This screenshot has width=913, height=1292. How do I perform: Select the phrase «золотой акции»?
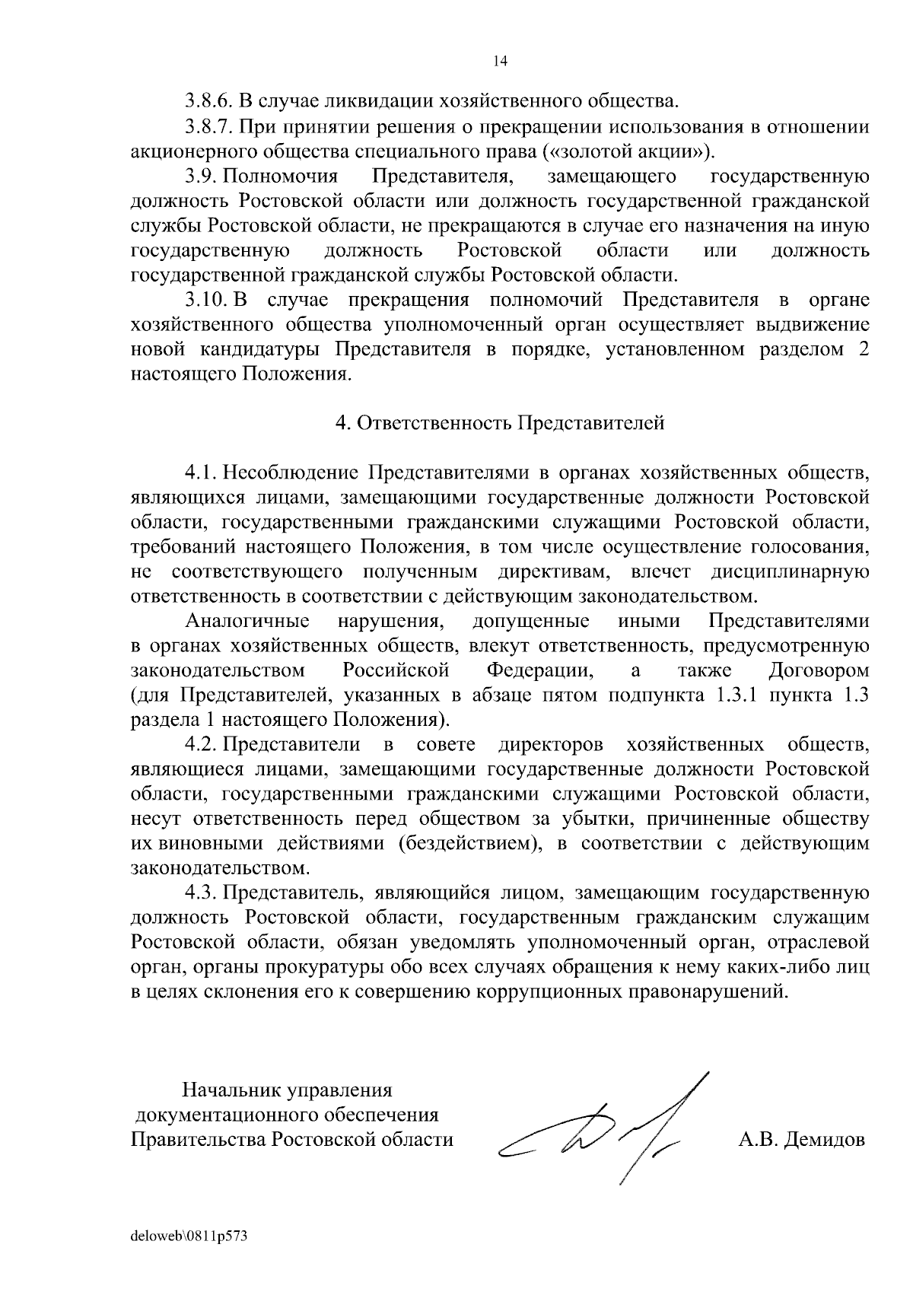(626, 150)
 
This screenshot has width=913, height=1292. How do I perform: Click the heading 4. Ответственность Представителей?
(500, 423)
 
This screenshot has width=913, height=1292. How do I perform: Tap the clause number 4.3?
(202, 893)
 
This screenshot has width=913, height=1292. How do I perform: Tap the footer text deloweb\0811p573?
(189, 1237)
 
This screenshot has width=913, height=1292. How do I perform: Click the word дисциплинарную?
(790, 571)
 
